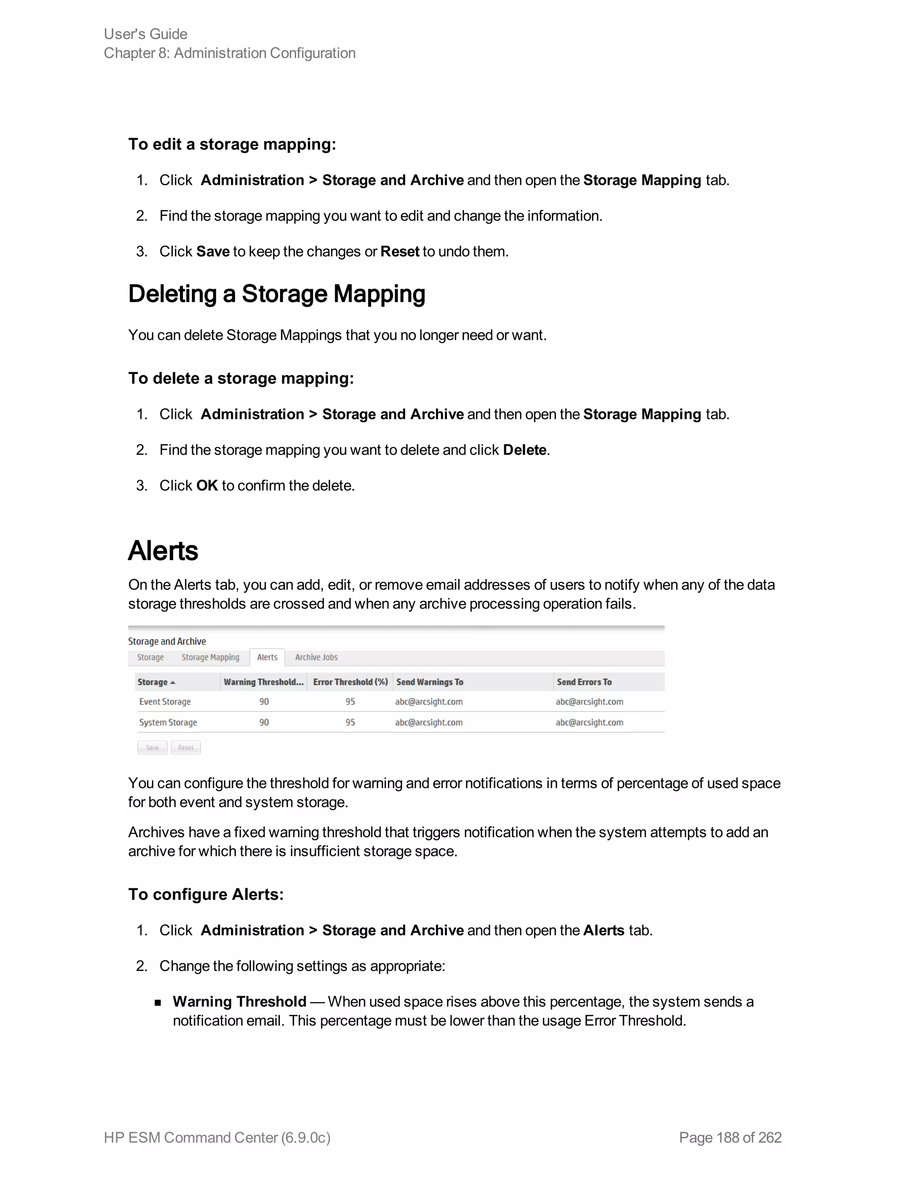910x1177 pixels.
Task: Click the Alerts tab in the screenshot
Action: tap(267, 657)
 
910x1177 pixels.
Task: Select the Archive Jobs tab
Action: tap(316, 657)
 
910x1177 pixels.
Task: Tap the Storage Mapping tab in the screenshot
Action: tap(210, 657)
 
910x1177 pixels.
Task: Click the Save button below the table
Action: tap(152, 748)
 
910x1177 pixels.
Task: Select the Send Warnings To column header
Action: tap(430, 682)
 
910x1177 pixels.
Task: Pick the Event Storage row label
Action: tap(165, 702)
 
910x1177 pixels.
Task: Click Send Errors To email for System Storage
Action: tap(589, 722)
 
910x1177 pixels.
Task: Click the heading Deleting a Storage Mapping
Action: tap(276, 294)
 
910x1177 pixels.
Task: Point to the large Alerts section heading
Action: tap(163, 551)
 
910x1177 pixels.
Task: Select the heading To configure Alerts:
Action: tap(206, 895)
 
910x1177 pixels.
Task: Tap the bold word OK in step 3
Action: tap(207, 485)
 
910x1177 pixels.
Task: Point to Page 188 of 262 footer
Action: tap(730, 1137)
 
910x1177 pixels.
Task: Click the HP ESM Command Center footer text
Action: tap(217, 1137)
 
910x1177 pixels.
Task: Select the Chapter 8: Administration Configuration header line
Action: tap(230, 53)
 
